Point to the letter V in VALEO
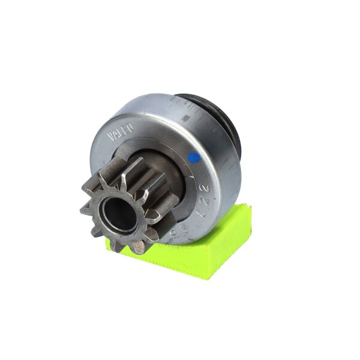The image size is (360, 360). [x=111, y=137]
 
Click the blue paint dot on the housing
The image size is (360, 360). [x=194, y=158]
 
